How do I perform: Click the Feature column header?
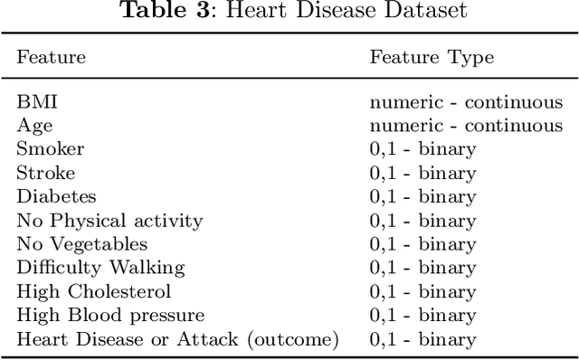(51, 57)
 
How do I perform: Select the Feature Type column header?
(432, 57)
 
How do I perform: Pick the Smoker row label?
(50, 149)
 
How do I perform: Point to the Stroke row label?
(45, 173)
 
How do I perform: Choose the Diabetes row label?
(56, 196)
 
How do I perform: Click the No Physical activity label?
(109, 220)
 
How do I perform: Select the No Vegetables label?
(81, 244)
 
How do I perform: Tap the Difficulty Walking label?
(100, 268)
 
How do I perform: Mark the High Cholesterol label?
(93, 291)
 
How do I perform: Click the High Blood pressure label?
(110, 315)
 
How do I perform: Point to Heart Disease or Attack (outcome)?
(177, 339)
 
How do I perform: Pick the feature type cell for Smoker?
(422, 149)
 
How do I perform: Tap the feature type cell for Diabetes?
(422, 196)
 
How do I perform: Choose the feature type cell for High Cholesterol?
(422, 291)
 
